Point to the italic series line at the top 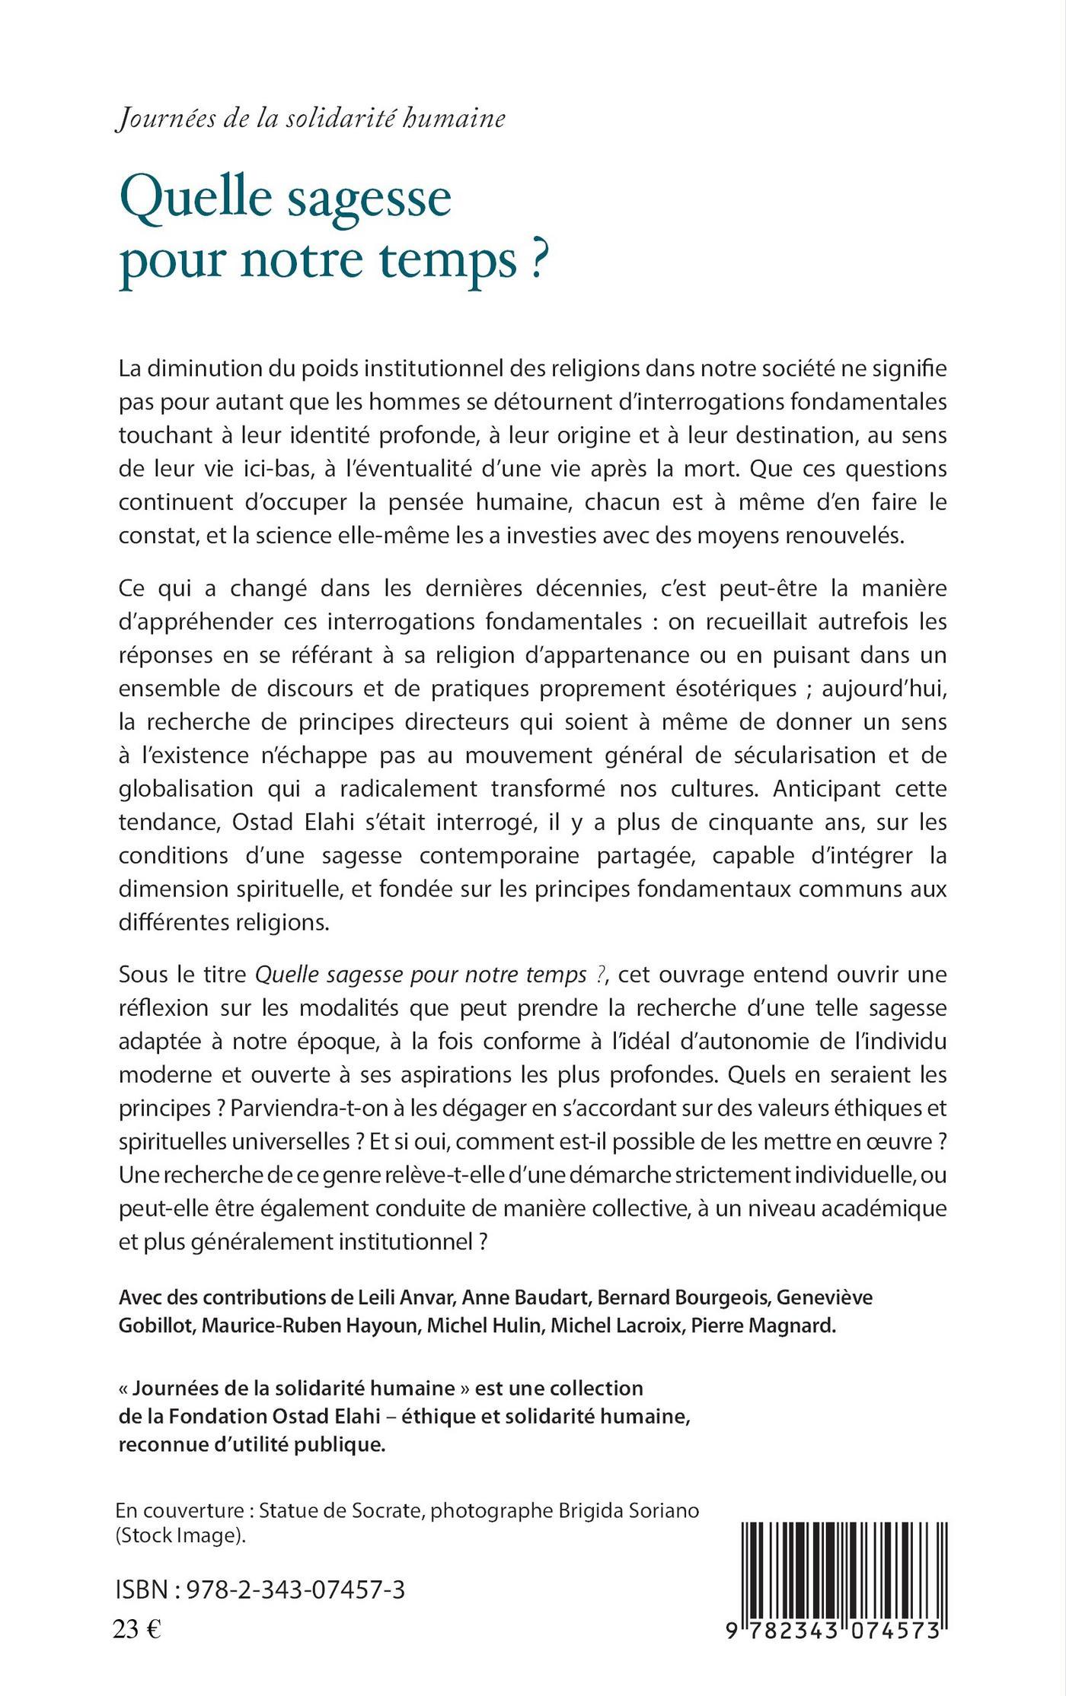point(310,120)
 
